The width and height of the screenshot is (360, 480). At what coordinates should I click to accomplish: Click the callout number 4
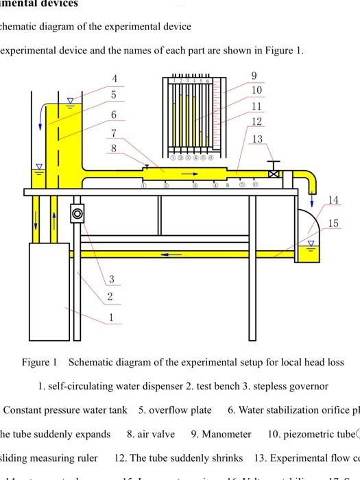coord(115,79)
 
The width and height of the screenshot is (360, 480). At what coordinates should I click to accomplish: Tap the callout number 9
coord(254,75)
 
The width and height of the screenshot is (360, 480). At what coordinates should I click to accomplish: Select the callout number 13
coord(257,139)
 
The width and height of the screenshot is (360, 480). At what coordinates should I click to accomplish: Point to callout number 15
coord(333,224)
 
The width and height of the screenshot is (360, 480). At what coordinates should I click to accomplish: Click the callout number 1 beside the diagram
coord(110,317)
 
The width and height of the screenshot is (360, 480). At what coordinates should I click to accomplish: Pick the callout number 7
coord(114,132)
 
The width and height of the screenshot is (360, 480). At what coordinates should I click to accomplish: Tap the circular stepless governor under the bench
coord(77,213)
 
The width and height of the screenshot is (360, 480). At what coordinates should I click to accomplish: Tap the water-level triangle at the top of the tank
coord(69,101)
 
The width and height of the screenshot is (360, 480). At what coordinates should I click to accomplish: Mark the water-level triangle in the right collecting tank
coord(311,243)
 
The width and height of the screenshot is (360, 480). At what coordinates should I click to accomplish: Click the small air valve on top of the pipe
coord(146,166)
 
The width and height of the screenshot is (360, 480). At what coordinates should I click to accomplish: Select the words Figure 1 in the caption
coord(40,362)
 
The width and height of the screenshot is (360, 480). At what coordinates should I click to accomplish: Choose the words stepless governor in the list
coord(290,386)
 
